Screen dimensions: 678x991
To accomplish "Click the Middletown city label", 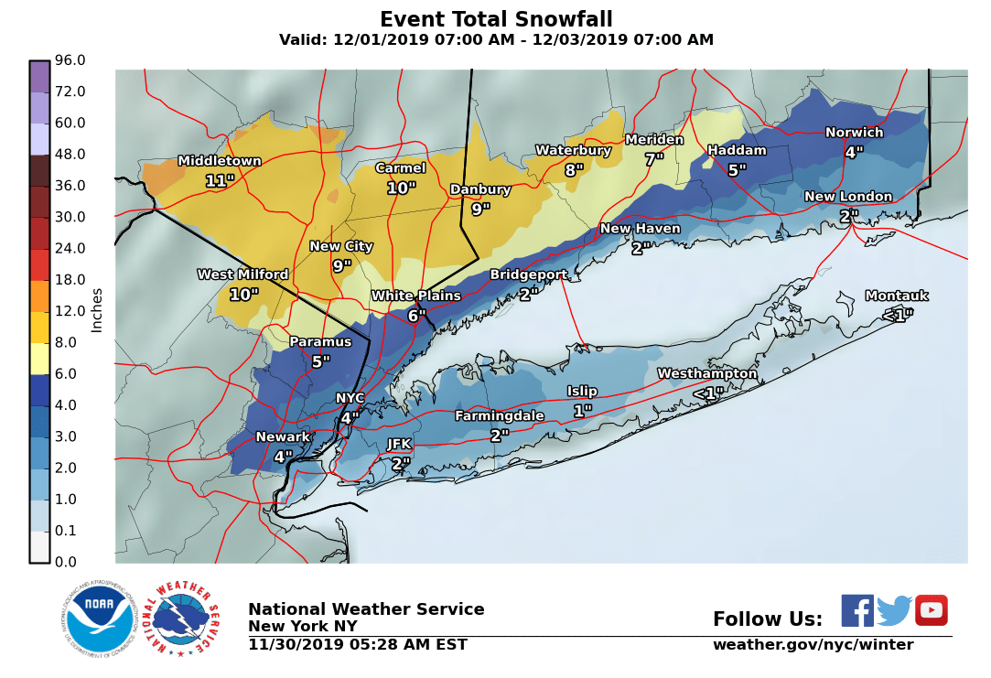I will click(219, 161).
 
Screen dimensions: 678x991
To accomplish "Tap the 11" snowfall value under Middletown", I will click(219, 181).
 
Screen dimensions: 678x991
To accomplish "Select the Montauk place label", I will click(896, 296).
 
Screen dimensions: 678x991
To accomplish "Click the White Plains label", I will click(415, 296).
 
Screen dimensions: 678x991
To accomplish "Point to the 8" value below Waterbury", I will click(574, 170).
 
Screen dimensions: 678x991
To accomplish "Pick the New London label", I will click(847, 197).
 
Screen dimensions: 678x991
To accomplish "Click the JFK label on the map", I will click(399, 444).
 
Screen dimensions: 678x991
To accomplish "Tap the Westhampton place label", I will click(706, 373).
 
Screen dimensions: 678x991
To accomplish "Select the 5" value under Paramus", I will click(320, 362).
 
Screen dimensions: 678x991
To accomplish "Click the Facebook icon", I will click(857, 610).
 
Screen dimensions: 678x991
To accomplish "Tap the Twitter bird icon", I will click(894, 610).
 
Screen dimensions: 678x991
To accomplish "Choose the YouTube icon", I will click(931, 610).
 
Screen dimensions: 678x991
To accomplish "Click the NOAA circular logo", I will click(99, 619).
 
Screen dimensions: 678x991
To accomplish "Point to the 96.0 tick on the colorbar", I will click(70, 60).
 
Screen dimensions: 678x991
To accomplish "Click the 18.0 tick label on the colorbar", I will click(70, 280).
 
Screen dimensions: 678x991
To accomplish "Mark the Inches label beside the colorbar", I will click(97, 309).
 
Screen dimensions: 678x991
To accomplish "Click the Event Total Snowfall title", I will click(496, 20).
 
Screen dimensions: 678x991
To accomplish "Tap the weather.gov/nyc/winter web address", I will click(813, 645).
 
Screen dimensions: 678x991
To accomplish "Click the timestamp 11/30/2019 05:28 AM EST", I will click(357, 645).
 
